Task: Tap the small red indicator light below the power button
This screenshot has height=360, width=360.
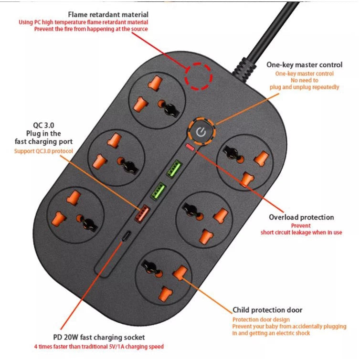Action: [191, 148]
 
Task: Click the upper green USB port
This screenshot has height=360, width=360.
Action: [172, 169]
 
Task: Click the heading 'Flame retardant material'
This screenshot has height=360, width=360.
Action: [108, 15]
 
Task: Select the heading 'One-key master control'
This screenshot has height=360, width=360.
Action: [304, 65]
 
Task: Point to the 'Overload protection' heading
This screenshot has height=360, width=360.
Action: [301, 217]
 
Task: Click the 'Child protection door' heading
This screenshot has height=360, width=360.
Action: [267, 310]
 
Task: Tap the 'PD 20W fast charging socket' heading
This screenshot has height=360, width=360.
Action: [99, 337]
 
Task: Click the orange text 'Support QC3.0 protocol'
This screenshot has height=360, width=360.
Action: [42, 151]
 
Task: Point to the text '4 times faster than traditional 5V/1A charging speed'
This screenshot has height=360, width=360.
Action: [99, 346]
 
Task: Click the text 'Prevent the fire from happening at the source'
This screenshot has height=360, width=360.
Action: [91, 29]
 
